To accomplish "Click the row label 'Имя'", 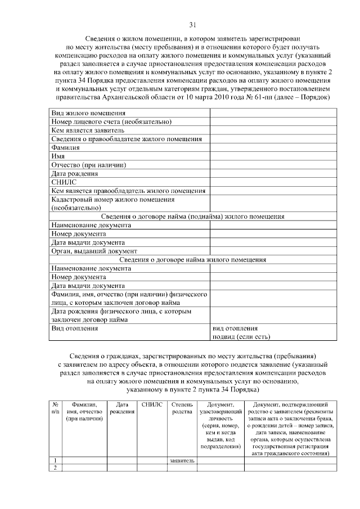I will (57, 156).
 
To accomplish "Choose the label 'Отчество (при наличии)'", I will (88, 165).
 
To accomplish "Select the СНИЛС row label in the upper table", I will (61, 182).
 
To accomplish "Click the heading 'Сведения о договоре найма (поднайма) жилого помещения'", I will (192, 217).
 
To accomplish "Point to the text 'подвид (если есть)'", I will (241, 337).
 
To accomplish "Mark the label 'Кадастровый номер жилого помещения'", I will (112, 199).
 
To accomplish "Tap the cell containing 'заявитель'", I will (182, 461).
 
